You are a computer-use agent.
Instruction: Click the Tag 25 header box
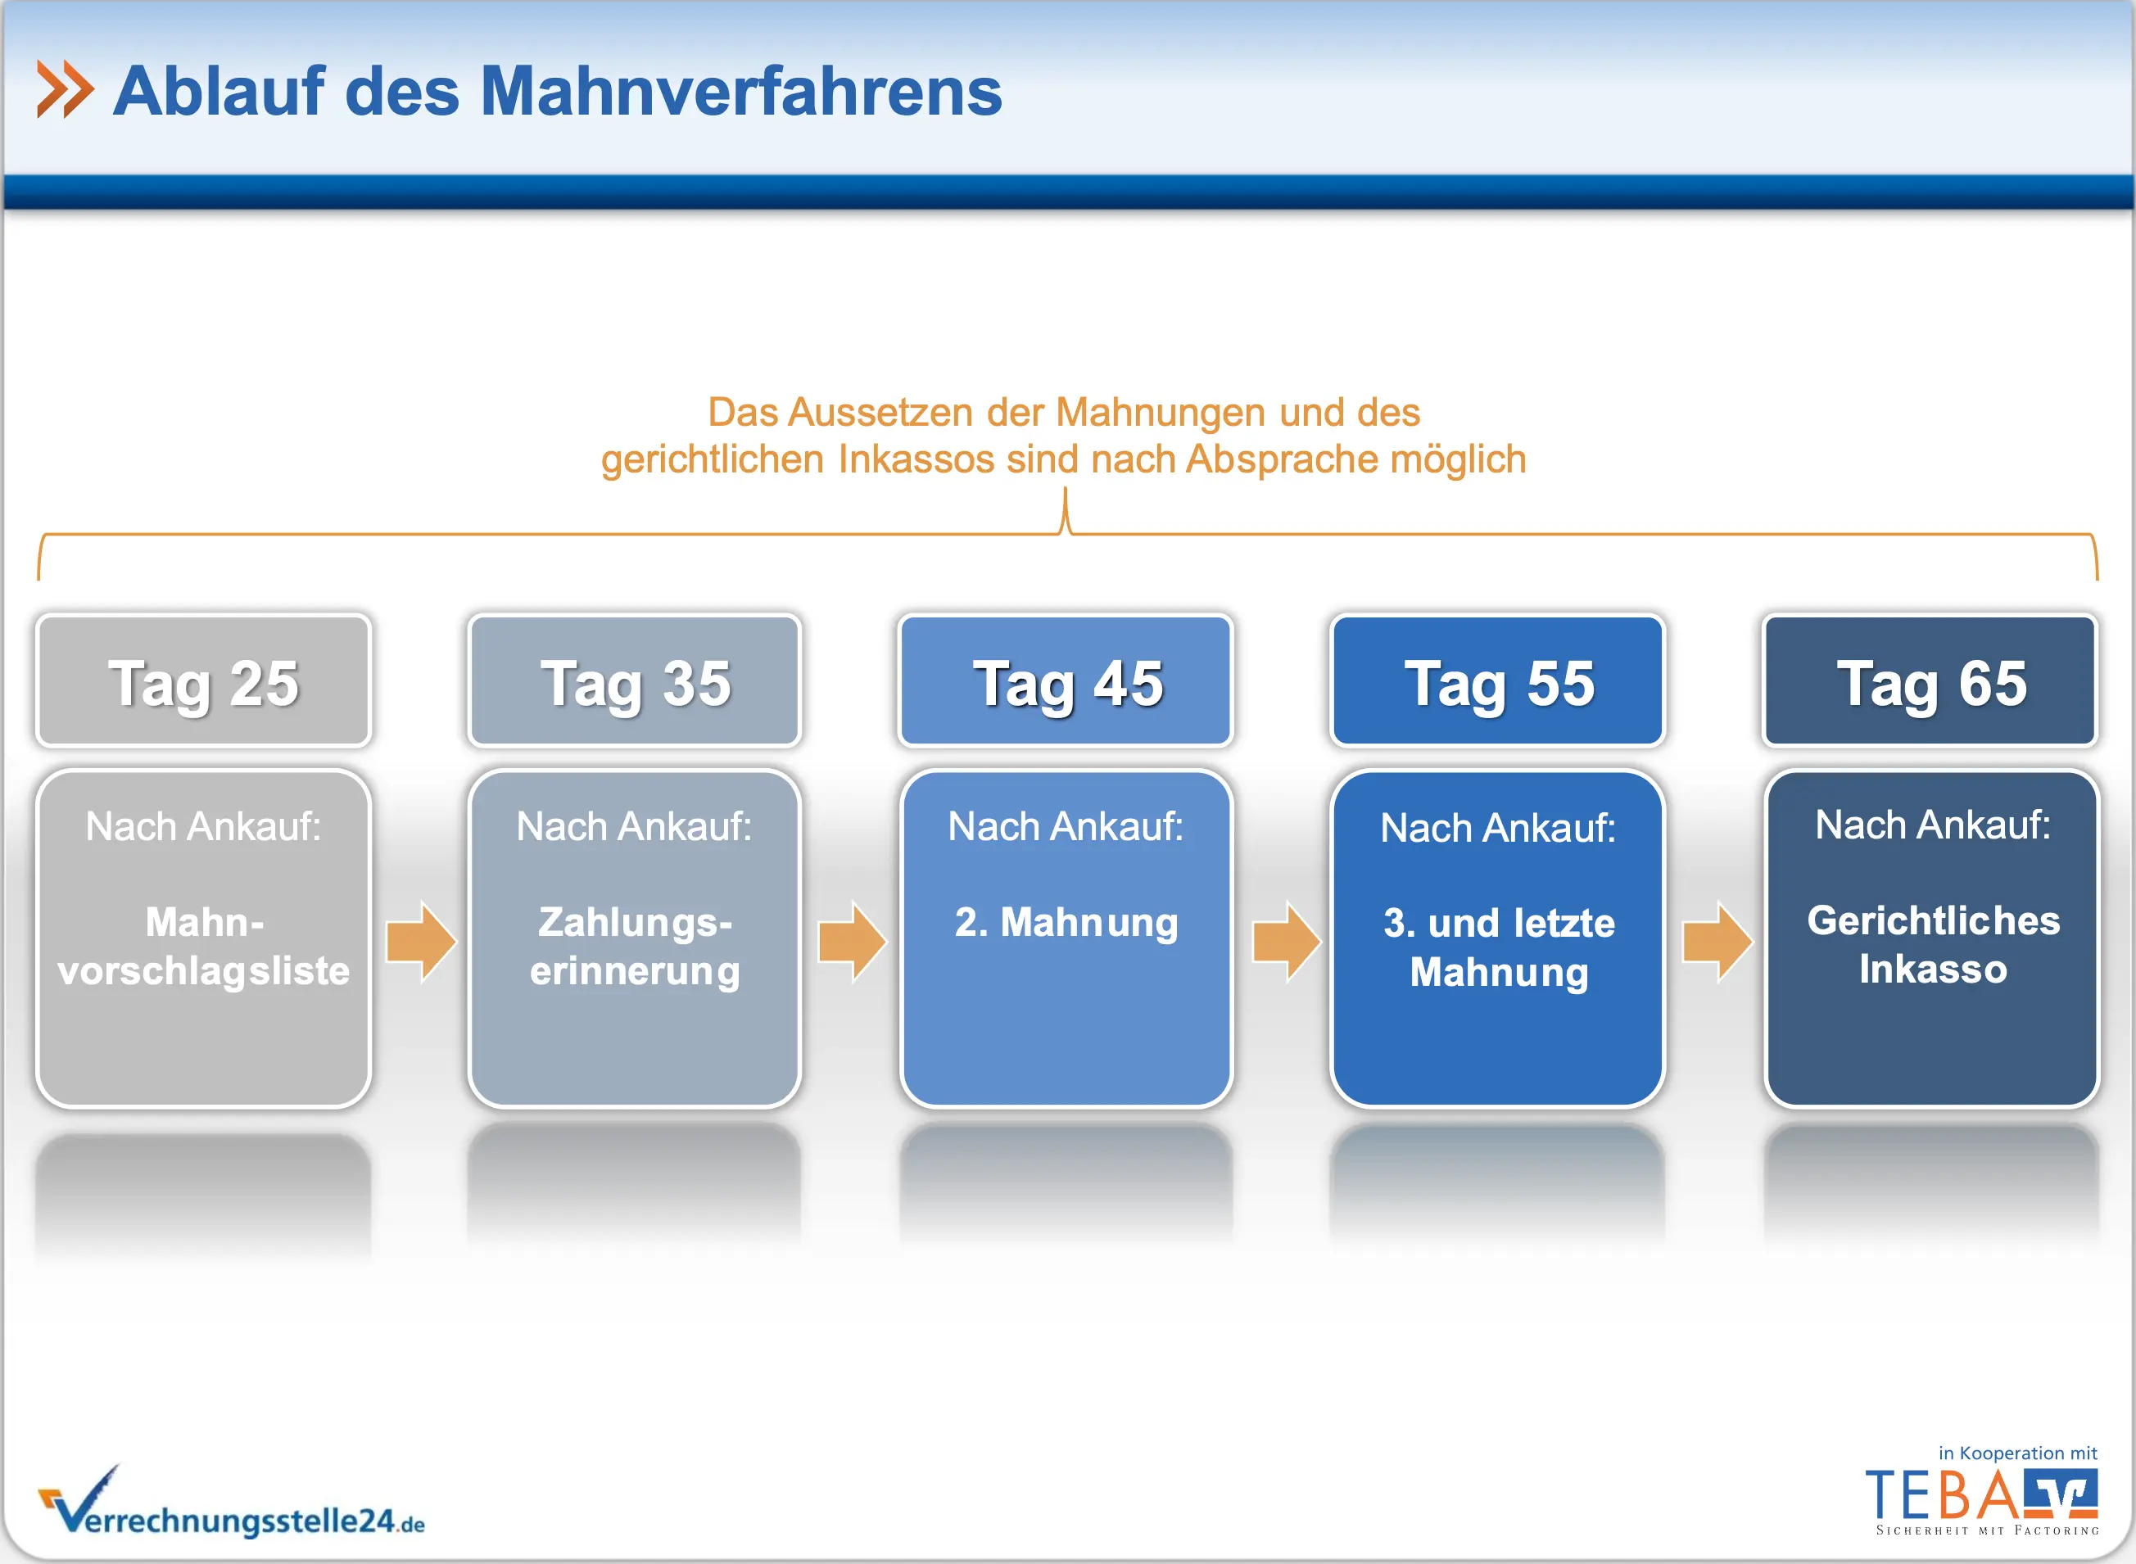(204, 680)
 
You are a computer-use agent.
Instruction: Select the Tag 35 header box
(636, 680)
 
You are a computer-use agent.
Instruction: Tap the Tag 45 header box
(1066, 680)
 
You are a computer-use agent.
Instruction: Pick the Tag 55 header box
(1498, 680)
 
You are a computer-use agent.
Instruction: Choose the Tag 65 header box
(1930, 680)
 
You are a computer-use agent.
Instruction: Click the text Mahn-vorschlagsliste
(204, 946)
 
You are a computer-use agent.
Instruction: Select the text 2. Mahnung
(1066, 923)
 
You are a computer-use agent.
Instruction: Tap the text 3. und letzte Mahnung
(1499, 948)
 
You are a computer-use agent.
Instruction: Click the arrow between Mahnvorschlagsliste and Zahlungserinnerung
(421, 942)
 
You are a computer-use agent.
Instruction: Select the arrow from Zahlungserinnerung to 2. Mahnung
(852, 942)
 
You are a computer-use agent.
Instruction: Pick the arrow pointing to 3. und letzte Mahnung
(1286, 942)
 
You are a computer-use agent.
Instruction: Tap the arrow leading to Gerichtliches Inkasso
(1717, 942)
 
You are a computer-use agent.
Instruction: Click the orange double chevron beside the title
(65, 90)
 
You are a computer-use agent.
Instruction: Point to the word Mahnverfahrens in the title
(741, 92)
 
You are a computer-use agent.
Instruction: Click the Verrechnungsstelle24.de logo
(231, 1502)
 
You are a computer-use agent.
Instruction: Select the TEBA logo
(1982, 1501)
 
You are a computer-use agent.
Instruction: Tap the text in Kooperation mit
(2017, 1453)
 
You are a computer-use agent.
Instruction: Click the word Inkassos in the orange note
(916, 459)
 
